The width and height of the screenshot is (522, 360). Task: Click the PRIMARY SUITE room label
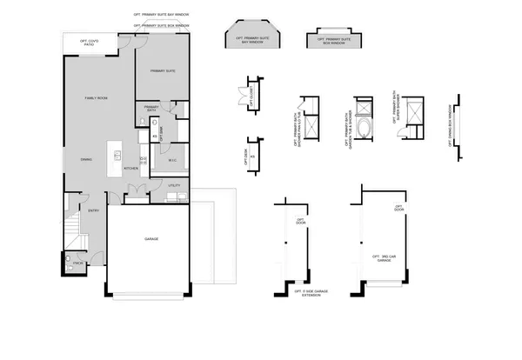coord(163,71)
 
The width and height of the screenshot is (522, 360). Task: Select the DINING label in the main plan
coord(86,160)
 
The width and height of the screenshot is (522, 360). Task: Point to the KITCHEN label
coord(130,168)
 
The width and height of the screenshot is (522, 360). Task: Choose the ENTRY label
coord(94,210)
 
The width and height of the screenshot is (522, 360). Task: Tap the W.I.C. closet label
coord(172,159)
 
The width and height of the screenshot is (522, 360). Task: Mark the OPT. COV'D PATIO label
coord(90,42)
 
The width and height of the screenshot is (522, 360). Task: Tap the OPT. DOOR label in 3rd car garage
coord(398,209)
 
